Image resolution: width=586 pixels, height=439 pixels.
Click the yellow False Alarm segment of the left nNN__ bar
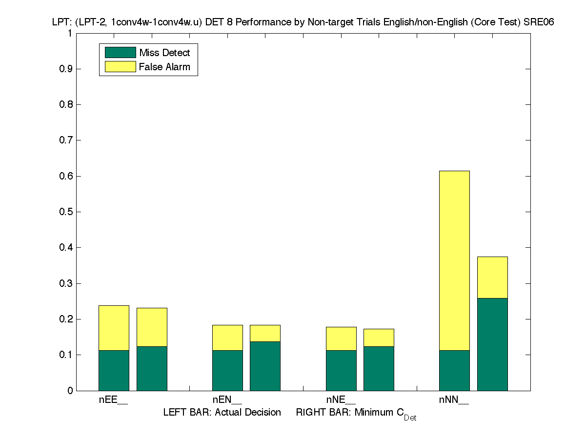coord(454,260)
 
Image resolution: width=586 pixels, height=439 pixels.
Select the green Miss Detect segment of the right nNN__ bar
coord(492,344)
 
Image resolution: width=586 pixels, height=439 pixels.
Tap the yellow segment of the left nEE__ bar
coord(114,328)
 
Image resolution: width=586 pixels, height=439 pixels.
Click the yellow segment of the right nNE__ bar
coord(379,338)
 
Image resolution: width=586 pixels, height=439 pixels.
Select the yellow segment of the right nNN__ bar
coord(492,277)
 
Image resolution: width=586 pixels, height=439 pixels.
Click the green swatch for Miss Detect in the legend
coord(120,53)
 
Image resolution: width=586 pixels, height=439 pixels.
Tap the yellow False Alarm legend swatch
coord(120,67)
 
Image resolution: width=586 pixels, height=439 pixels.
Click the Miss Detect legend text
coord(164,53)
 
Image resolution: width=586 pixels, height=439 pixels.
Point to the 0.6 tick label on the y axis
coord(66,176)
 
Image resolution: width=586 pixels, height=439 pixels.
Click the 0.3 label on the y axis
coord(66,283)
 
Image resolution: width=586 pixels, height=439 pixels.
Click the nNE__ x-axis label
coord(341,400)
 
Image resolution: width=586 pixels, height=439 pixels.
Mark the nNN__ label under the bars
coord(454,400)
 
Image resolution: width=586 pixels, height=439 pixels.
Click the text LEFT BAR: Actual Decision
coord(222,413)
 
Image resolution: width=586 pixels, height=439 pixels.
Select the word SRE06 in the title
coord(539,22)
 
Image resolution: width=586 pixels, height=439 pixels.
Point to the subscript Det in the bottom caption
coord(410,418)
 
